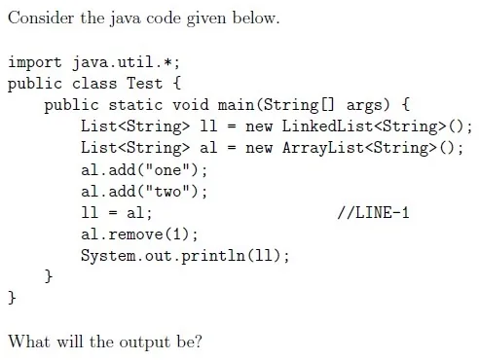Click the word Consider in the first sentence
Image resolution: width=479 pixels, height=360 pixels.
click(x=41, y=18)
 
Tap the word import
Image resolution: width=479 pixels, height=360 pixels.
click(x=35, y=62)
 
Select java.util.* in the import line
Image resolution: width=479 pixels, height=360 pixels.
click(x=126, y=62)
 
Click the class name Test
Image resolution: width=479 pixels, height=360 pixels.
click(x=144, y=84)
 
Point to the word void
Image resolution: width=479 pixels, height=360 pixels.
click(x=191, y=105)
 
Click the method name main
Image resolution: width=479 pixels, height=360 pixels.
click(x=236, y=105)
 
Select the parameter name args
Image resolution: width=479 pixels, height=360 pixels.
click(x=364, y=106)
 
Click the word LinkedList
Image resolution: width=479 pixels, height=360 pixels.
click(x=327, y=126)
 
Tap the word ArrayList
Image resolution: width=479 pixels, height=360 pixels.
click(x=323, y=148)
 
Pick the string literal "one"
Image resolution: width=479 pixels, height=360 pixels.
click(x=167, y=169)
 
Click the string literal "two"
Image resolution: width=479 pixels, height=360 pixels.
click(x=167, y=191)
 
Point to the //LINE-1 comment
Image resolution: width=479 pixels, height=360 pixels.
click(x=373, y=212)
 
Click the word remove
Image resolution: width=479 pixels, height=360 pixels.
click(x=135, y=234)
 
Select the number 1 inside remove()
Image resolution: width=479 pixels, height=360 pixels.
click(x=176, y=234)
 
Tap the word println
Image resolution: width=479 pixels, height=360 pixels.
click(x=213, y=256)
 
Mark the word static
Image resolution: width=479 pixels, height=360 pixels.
click(x=135, y=105)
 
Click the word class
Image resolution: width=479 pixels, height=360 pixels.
click(x=94, y=84)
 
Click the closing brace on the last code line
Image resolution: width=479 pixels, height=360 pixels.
click(x=12, y=298)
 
